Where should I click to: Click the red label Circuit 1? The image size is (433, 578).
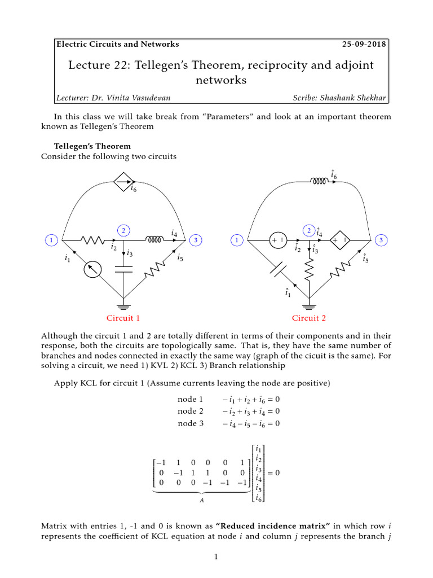(123, 318)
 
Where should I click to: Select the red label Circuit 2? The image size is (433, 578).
(309, 318)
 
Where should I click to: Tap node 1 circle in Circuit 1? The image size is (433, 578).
(51, 240)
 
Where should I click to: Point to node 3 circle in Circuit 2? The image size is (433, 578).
(381, 240)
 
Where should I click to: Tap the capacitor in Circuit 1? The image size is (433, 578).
(123, 270)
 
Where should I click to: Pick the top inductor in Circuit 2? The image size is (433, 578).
(319, 181)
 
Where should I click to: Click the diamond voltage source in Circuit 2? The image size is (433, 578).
(341, 240)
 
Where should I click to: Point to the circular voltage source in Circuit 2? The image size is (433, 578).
(278, 240)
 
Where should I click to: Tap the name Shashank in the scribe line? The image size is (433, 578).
(335, 98)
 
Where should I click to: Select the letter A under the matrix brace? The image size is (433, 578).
(201, 500)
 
